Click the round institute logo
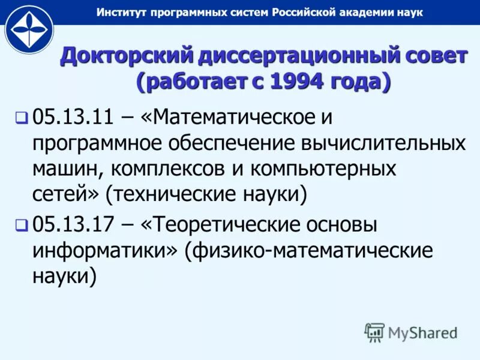pos(29,29)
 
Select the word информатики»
pos(105,251)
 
